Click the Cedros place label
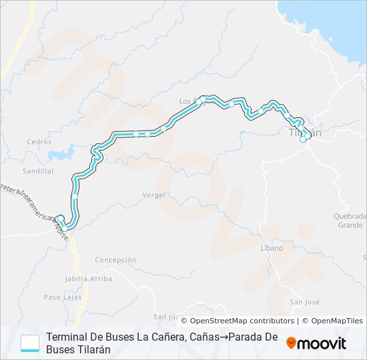click(x=39, y=141)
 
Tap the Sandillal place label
click(x=38, y=171)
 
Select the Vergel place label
click(x=153, y=195)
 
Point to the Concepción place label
click(x=115, y=259)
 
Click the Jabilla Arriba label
click(x=89, y=278)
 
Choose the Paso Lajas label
click(x=62, y=297)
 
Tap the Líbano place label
click(x=272, y=247)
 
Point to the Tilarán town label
click(x=306, y=132)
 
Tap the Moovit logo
click(x=316, y=343)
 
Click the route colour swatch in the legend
click(x=31, y=343)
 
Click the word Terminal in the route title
click(x=66, y=337)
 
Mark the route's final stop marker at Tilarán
click(x=303, y=139)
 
